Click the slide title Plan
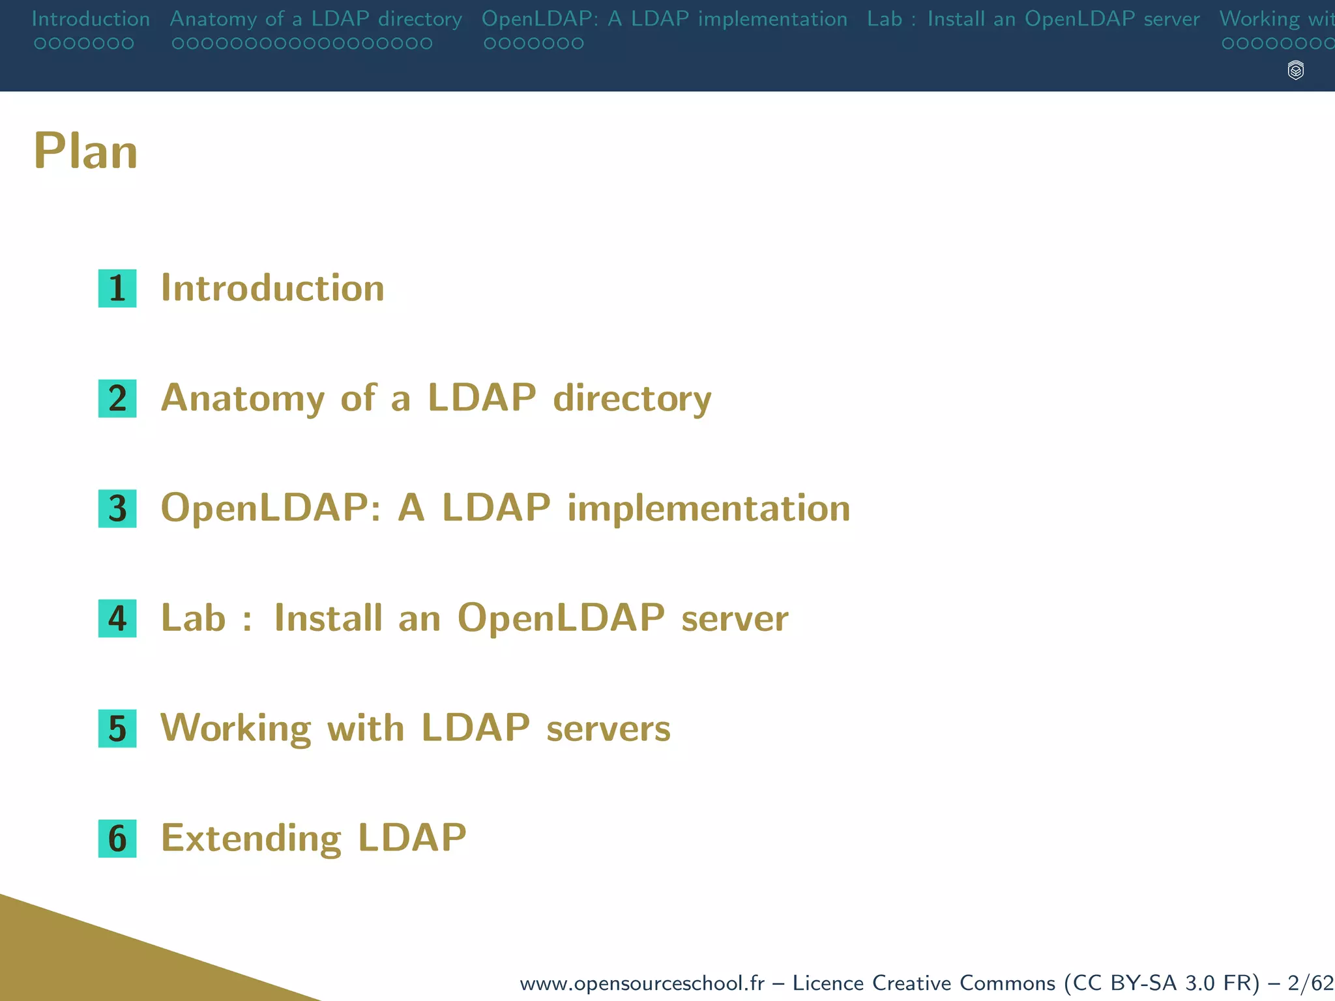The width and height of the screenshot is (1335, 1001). (x=85, y=151)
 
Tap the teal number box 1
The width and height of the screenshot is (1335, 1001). (x=117, y=288)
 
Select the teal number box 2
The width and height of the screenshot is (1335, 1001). (x=117, y=398)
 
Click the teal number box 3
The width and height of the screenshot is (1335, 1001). (x=117, y=508)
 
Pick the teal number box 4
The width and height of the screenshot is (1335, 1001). (x=117, y=618)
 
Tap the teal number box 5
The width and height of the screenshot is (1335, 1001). (x=117, y=728)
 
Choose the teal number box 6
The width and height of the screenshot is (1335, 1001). (x=117, y=838)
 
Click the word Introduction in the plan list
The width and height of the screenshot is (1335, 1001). (x=272, y=288)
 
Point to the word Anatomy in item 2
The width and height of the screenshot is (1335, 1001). (x=242, y=398)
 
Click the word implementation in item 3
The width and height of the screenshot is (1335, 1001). (x=709, y=508)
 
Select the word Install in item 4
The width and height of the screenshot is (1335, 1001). (x=328, y=618)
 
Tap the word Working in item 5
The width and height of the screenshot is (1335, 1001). (x=236, y=728)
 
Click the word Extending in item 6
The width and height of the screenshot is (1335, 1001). (x=251, y=838)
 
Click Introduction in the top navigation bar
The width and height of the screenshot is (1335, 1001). (x=91, y=19)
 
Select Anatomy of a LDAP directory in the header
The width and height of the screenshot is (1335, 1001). (x=315, y=19)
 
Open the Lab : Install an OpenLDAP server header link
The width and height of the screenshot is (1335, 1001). (x=1033, y=19)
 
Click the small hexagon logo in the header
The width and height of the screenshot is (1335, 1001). (x=1296, y=70)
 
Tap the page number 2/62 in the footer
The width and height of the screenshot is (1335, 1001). (x=1310, y=983)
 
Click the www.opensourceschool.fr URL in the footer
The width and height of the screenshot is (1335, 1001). (x=641, y=983)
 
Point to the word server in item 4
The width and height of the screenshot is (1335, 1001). (x=735, y=618)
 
